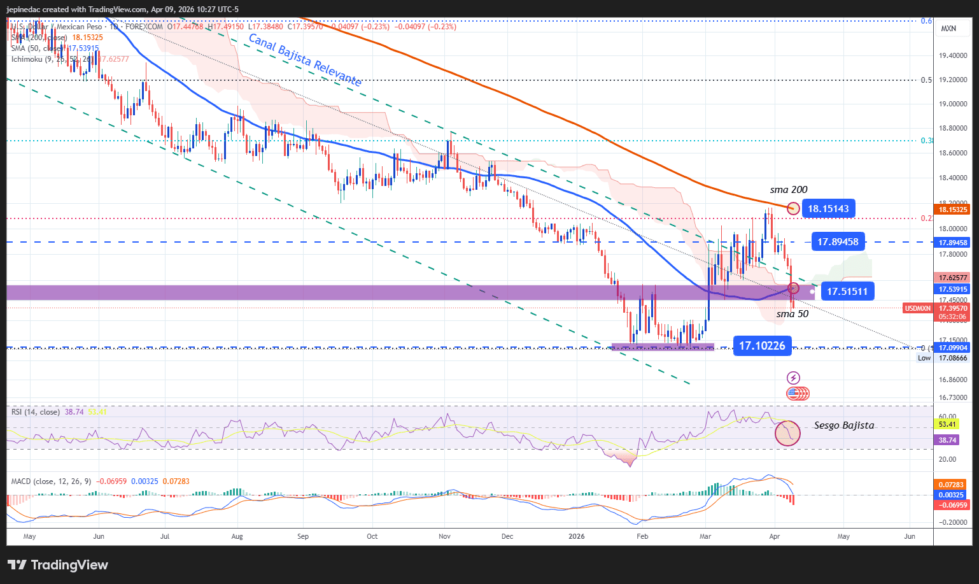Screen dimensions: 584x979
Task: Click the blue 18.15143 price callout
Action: [x=828, y=208]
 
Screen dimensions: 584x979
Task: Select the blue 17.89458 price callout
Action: [x=838, y=241]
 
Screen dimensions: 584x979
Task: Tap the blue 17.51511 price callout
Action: [x=847, y=292]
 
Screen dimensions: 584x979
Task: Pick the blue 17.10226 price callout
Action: [x=762, y=345]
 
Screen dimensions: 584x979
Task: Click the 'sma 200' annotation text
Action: [x=788, y=190]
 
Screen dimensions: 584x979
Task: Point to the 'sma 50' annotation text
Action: [x=792, y=314]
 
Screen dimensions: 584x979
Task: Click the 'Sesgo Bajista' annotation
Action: [x=844, y=425]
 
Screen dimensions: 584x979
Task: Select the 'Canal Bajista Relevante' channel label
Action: [x=305, y=60]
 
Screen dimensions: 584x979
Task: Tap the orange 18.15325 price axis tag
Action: [x=953, y=210]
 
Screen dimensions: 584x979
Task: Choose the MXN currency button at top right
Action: [x=948, y=29]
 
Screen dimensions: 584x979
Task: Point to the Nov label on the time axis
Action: [x=444, y=536]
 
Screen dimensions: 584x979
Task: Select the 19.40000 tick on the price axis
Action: [x=954, y=56]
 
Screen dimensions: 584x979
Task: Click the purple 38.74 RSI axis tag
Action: [x=947, y=440]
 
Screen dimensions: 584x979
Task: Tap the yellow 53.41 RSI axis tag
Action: [x=947, y=424]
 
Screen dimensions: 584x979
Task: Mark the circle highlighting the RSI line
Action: [x=787, y=433]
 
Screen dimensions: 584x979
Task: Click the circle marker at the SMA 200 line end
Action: [x=793, y=208]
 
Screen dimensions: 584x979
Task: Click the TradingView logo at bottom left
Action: [x=58, y=565]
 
